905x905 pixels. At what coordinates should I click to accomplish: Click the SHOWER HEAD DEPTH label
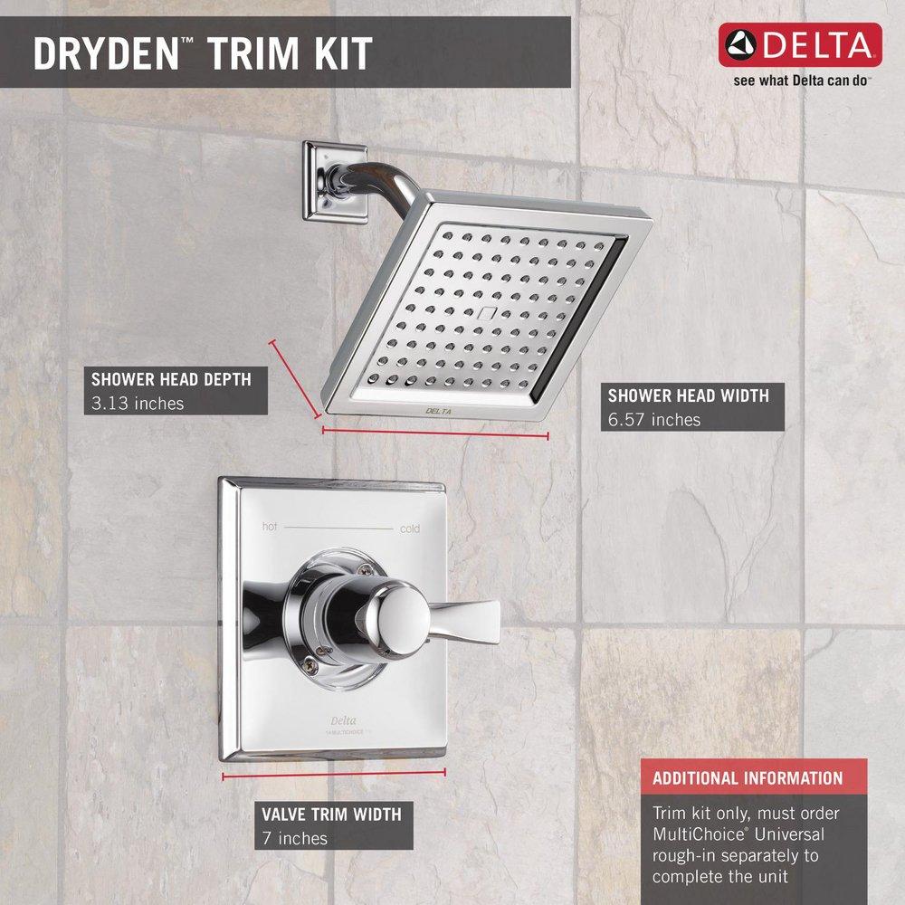tap(171, 380)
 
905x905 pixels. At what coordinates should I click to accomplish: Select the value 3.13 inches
tap(138, 403)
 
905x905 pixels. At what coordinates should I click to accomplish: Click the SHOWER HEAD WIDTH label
tap(689, 395)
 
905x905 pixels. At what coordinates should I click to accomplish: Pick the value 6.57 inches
tap(654, 419)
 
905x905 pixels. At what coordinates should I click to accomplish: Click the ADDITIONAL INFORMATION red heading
tap(748, 778)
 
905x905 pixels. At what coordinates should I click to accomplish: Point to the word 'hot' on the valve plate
tap(270, 527)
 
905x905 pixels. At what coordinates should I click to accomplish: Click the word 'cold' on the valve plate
tap(409, 529)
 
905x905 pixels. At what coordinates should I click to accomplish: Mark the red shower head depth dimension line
tap(294, 377)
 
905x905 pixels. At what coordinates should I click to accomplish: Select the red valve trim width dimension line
tap(334, 774)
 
